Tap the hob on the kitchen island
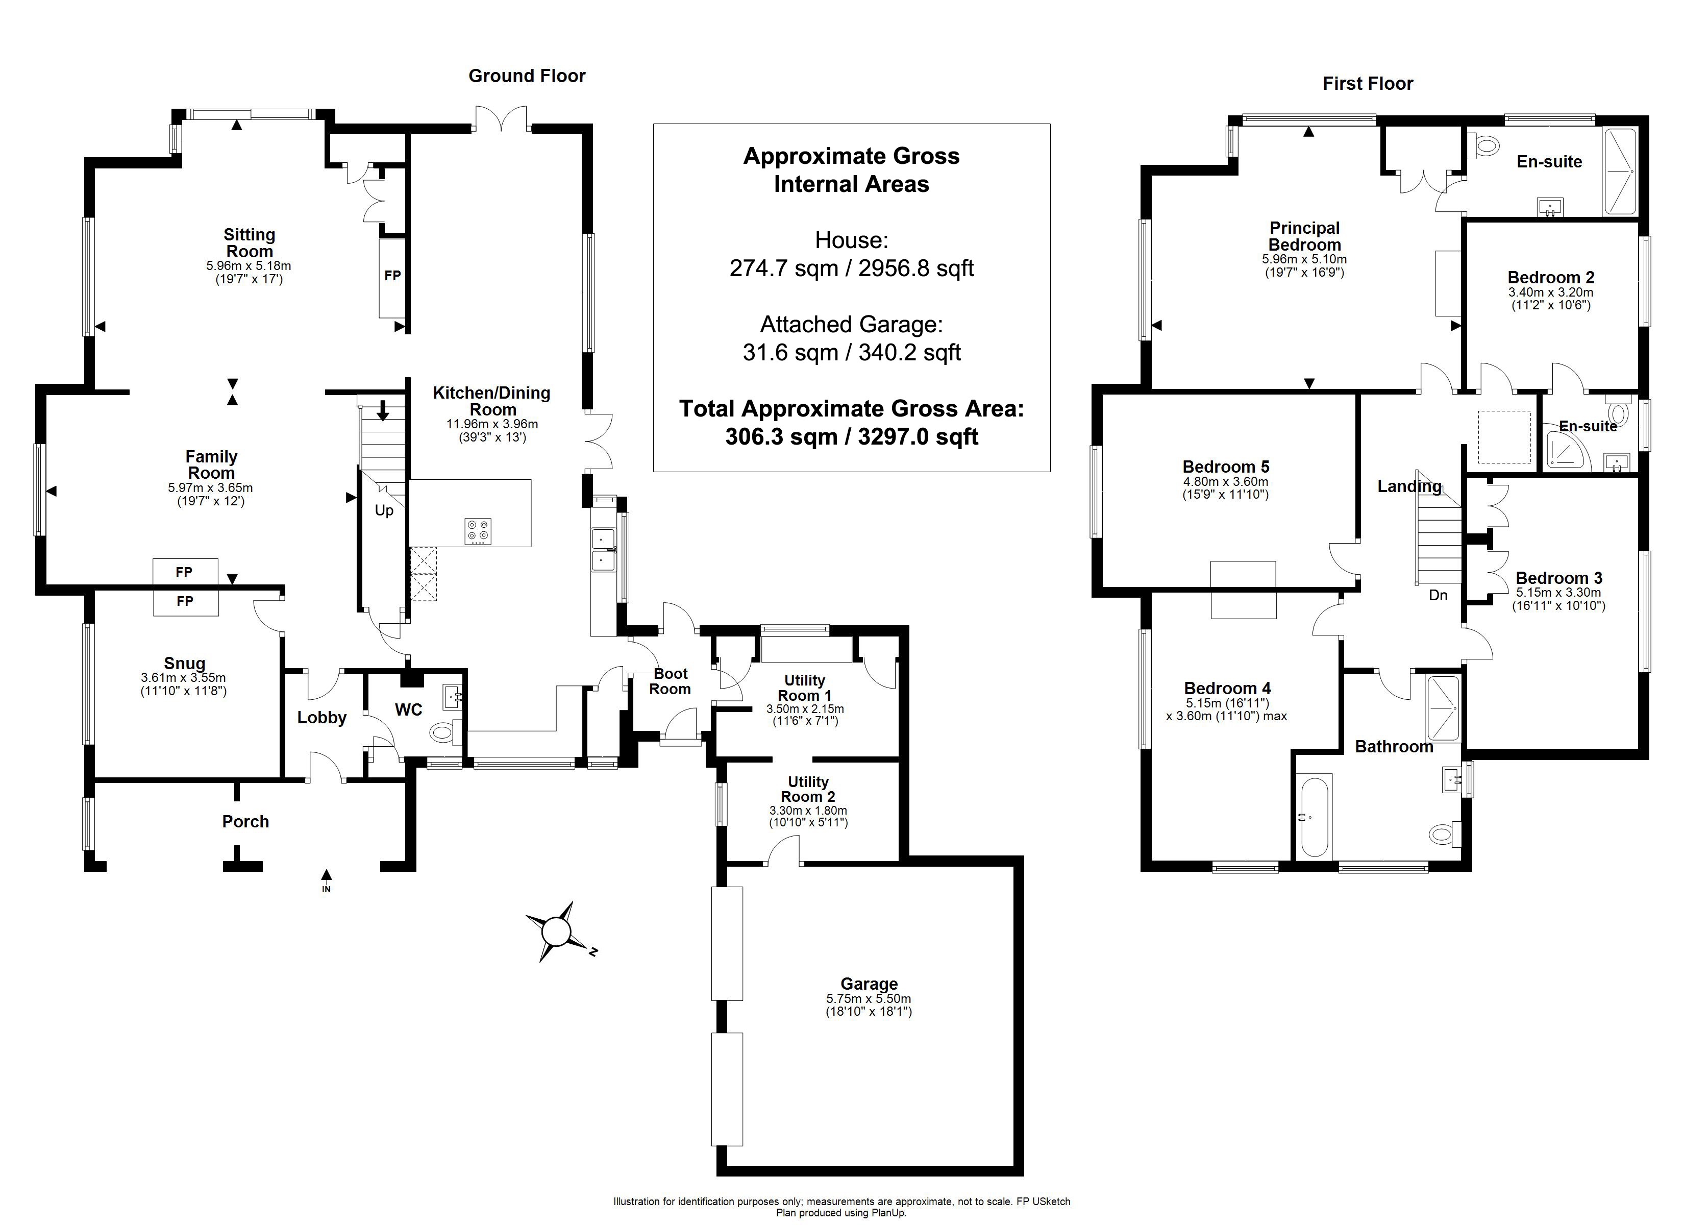point(478,531)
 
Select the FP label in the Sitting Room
point(393,276)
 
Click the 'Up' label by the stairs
point(384,510)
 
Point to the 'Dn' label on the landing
point(1438,595)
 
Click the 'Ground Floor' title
point(527,76)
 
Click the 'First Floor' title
point(1368,84)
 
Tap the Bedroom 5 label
point(1225,467)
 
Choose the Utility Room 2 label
point(808,789)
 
